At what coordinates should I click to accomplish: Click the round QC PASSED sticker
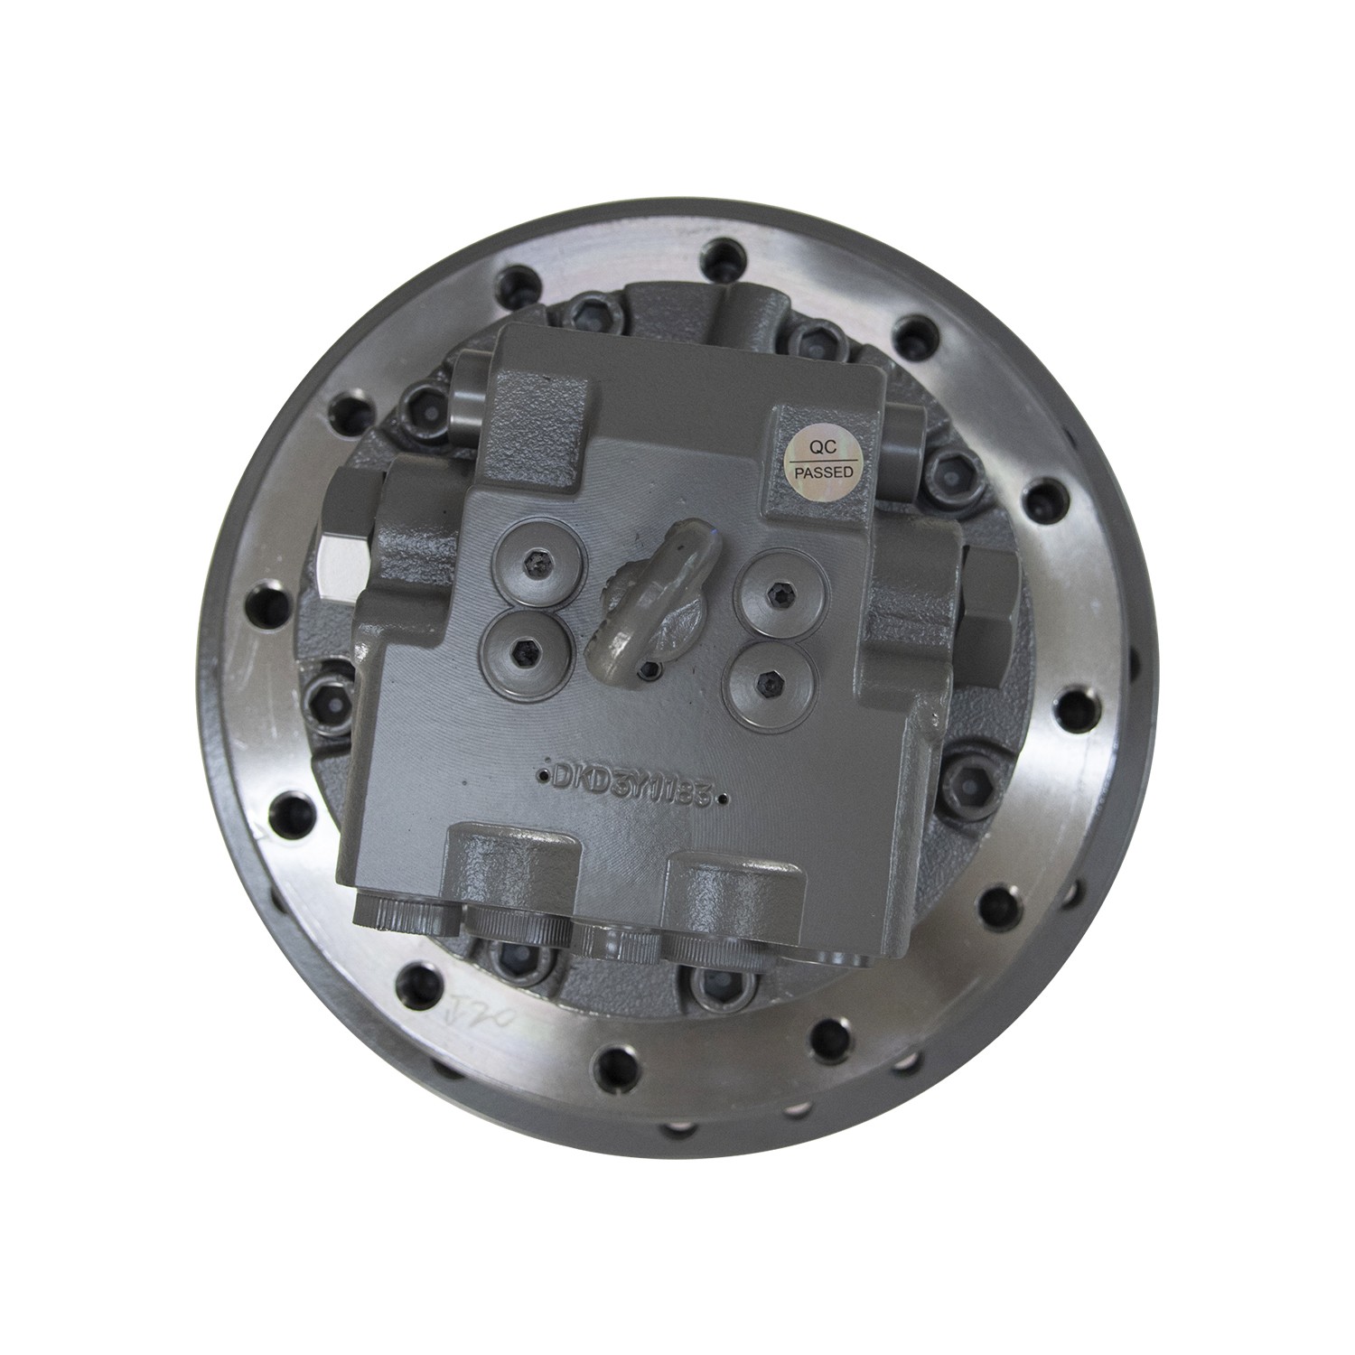(x=821, y=459)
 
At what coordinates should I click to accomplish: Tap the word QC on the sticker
(x=821, y=446)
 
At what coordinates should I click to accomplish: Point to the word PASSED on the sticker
(x=821, y=472)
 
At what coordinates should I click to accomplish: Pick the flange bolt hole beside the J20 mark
(x=417, y=978)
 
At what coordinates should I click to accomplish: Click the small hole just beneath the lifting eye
(x=648, y=669)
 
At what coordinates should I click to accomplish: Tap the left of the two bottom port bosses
(x=512, y=868)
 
